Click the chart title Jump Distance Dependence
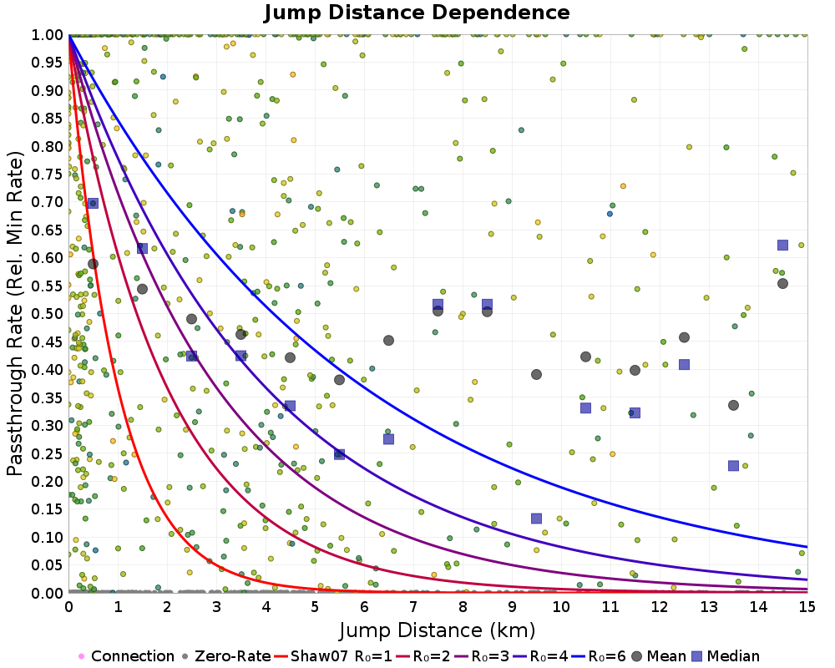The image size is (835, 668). (x=417, y=13)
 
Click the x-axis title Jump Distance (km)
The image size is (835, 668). (x=438, y=629)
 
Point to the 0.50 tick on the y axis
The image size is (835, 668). (x=48, y=314)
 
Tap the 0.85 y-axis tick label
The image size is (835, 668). (x=48, y=119)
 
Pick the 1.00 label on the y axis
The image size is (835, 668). (x=48, y=34)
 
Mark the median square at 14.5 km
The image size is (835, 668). (x=782, y=245)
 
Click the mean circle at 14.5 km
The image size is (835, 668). (x=782, y=283)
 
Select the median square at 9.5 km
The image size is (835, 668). (x=536, y=518)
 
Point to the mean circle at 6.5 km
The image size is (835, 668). (x=388, y=340)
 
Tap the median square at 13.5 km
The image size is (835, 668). (x=733, y=465)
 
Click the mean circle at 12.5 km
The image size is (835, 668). (x=684, y=337)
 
